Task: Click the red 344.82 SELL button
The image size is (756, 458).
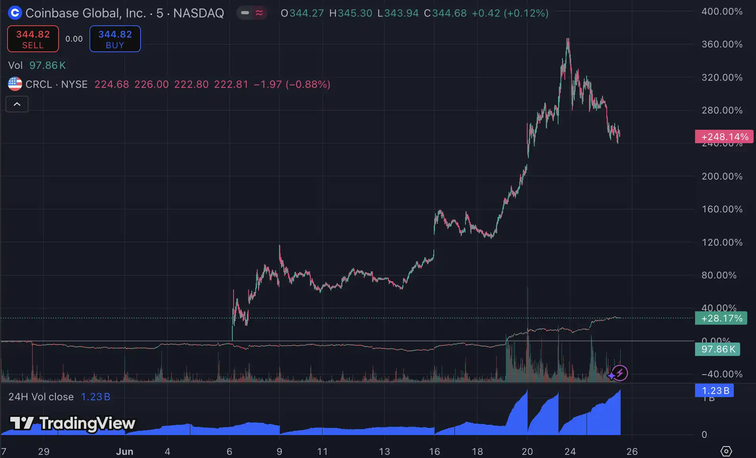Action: coord(33,39)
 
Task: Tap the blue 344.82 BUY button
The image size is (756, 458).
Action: coord(115,39)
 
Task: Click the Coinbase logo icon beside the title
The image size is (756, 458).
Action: coord(15,13)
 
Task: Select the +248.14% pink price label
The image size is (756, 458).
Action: coord(724,137)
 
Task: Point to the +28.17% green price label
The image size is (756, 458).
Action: coord(721,318)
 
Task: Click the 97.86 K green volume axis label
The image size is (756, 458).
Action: coord(717,349)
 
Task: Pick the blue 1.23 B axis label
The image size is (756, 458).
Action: coord(714,391)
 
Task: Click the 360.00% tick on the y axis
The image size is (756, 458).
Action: coord(722,44)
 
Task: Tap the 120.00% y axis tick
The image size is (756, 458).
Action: coord(722,242)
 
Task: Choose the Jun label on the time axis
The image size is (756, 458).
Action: coord(124,451)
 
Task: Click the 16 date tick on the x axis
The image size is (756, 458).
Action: coord(434,451)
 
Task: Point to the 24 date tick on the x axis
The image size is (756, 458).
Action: coord(570,451)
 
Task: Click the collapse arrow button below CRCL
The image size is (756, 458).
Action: coord(17,104)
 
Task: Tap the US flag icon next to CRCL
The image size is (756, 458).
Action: coord(15,84)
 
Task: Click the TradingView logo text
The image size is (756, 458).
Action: coord(73,423)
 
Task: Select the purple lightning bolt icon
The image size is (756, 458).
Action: coord(620,373)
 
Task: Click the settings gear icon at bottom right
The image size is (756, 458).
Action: coord(726,451)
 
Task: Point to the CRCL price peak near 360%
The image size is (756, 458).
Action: coord(568,40)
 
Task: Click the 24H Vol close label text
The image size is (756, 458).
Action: coord(41,397)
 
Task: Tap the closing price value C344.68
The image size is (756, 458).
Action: coord(445,13)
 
